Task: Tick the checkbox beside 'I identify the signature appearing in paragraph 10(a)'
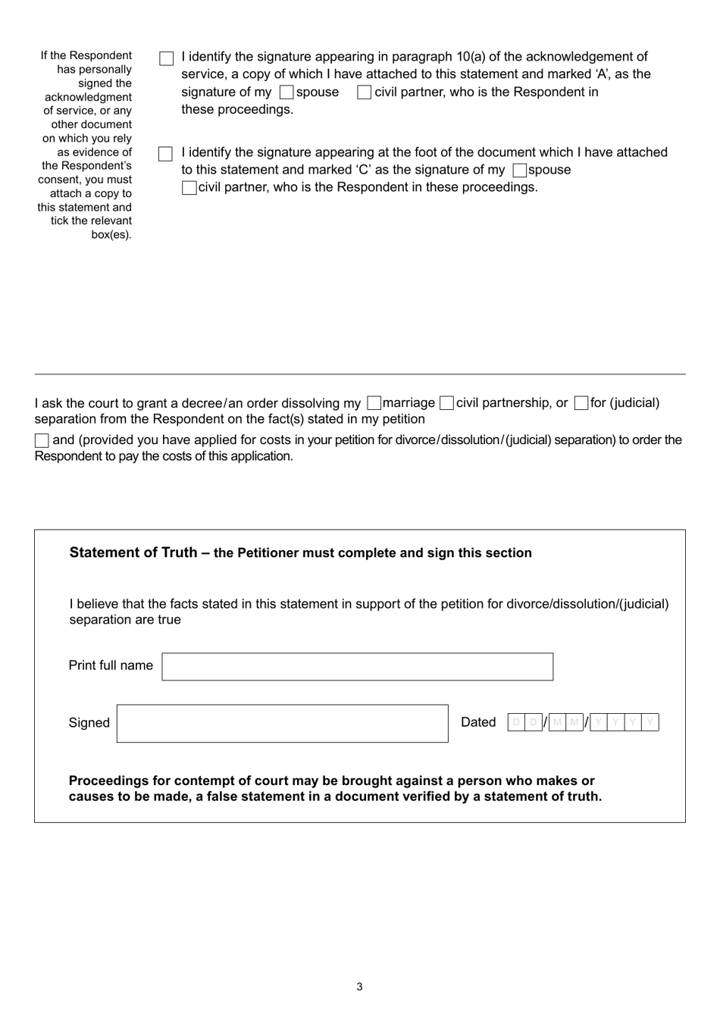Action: [167, 58]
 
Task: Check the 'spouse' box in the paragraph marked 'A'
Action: [286, 92]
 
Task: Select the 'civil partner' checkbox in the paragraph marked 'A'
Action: [365, 92]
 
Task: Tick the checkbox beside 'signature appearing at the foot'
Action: [166, 154]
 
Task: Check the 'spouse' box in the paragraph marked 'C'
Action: [519, 171]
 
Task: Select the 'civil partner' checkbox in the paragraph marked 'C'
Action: [189, 187]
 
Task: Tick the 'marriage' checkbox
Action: [374, 403]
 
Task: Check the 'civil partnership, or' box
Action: [446, 403]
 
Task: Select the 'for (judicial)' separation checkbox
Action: [581, 403]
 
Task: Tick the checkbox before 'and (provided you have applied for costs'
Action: [42, 440]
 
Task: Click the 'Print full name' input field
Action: [357, 666]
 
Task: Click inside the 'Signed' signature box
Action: [282, 723]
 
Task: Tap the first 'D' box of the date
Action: [516, 722]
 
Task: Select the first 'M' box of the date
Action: [557, 722]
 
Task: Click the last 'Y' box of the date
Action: [650, 722]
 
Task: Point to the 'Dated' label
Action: [478, 722]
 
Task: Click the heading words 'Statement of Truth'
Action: [133, 552]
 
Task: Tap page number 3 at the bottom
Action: [359, 987]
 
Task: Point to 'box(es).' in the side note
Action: [111, 235]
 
